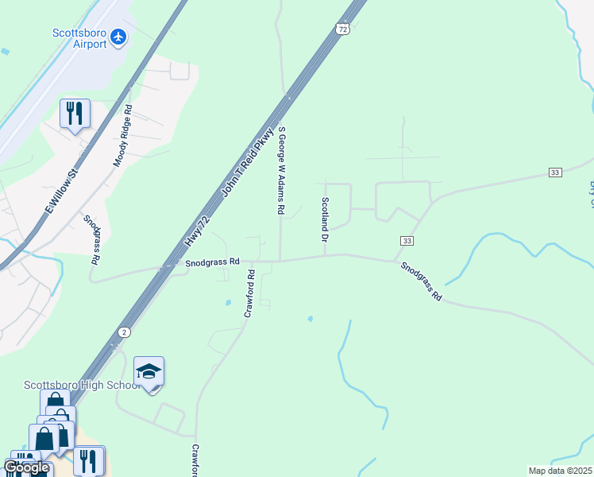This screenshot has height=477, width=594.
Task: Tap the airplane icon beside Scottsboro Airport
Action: pos(119,36)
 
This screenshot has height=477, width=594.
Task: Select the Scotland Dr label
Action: pos(325,219)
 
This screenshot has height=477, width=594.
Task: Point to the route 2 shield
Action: pos(124,331)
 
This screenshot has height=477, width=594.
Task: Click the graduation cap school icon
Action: pos(148,372)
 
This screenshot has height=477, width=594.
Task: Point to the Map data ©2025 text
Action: pos(560,471)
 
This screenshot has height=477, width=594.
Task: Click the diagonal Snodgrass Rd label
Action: pos(421,281)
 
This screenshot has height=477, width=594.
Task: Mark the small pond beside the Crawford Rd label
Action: pos(228,303)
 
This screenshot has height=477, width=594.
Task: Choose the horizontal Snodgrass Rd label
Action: pos(212,262)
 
